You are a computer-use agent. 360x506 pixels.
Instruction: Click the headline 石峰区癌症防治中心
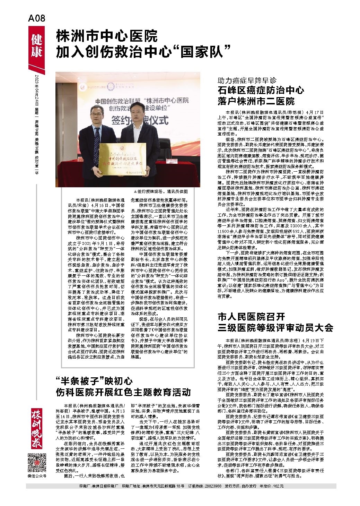pyautogui.click(x=261, y=91)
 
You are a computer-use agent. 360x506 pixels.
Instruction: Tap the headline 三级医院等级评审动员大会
pyautogui.click(x=275, y=327)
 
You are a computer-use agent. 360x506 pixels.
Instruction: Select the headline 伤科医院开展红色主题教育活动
pyautogui.click(x=123, y=393)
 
